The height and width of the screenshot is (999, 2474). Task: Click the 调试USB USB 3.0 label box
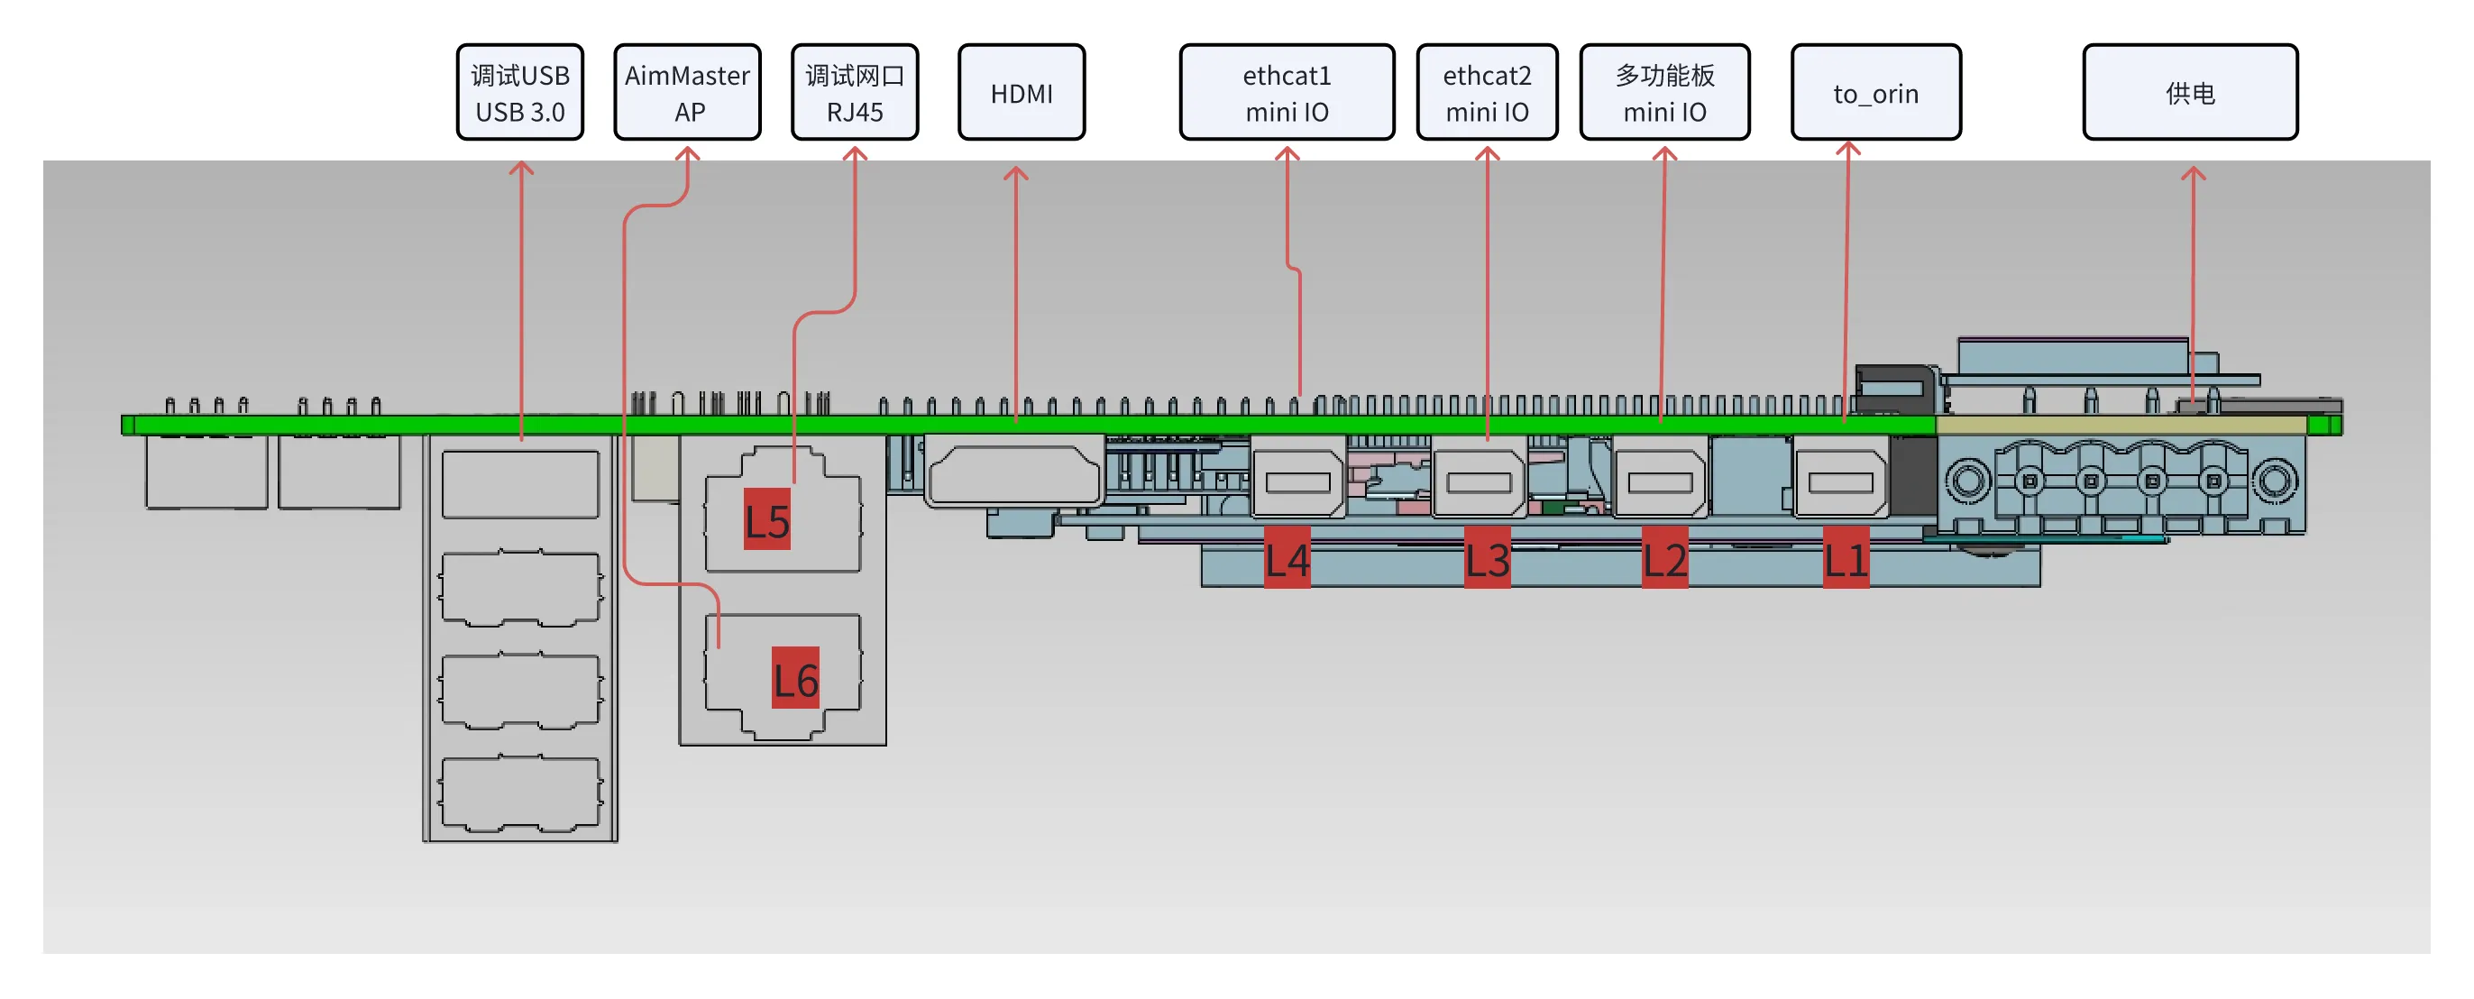point(519,92)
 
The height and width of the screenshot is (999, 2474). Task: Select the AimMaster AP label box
point(687,92)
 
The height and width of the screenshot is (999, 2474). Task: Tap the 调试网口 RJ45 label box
point(854,92)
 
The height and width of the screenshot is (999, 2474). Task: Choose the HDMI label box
point(1021,92)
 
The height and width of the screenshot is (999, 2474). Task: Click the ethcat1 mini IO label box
point(1286,92)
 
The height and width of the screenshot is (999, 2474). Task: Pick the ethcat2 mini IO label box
point(1486,92)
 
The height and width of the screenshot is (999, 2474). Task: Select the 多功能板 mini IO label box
point(1663,92)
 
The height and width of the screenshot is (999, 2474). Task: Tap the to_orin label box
point(1874,92)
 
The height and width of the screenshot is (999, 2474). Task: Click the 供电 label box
point(2190,92)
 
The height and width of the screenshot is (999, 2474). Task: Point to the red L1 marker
point(1845,558)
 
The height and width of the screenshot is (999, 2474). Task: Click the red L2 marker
point(1663,558)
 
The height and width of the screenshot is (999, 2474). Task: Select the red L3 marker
point(1486,558)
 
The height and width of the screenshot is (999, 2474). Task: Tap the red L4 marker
point(1286,558)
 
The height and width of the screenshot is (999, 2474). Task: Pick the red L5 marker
point(766,519)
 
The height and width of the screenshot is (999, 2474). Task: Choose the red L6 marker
point(795,678)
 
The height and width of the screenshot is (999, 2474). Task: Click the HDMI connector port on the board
point(1013,472)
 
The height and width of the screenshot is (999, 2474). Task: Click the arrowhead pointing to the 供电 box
point(2193,174)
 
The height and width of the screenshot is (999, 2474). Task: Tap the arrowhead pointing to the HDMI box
point(1015,173)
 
